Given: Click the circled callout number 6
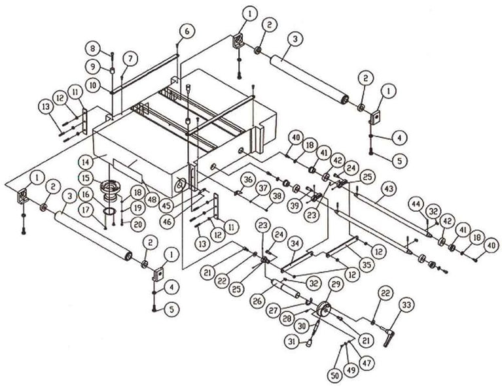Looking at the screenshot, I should click(187, 31).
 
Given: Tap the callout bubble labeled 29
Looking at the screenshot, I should click(336, 284).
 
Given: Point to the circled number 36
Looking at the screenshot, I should click(247, 179).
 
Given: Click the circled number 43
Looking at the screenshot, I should click(387, 188).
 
